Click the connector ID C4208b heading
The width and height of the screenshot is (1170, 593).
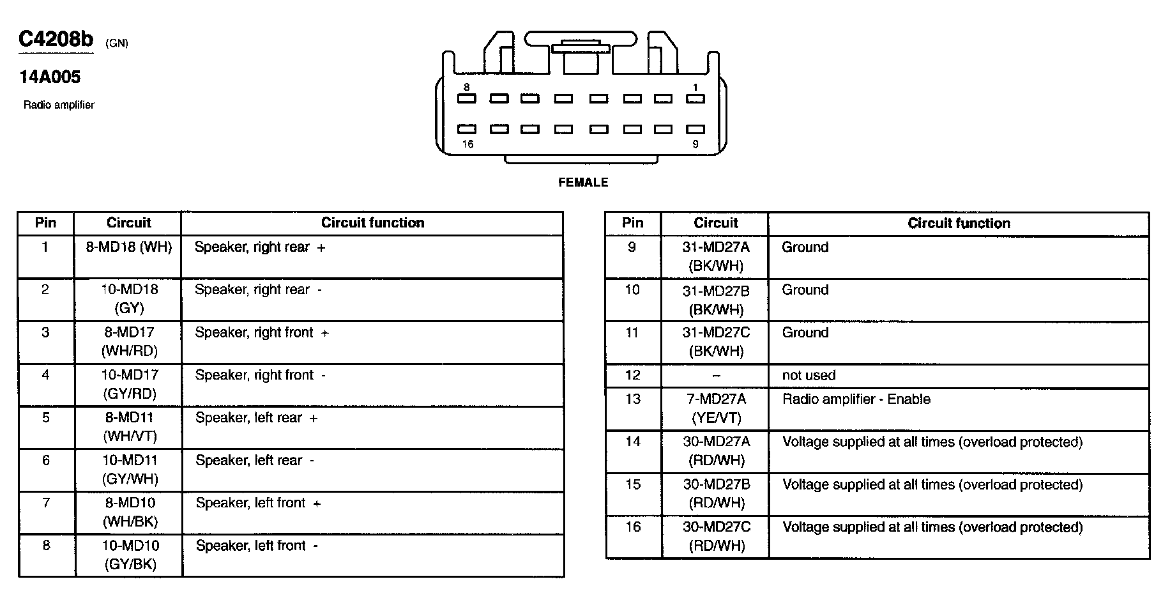pyautogui.click(x=56, y=40)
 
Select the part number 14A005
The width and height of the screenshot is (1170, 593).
pyautogui.click(x=50, y=77)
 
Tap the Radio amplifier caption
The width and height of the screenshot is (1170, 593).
pyautogui.click(x=59, y=105)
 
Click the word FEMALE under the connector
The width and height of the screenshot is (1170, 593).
pyautogui.click(x=583, y=182)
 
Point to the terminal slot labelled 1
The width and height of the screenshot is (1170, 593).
pyautogui.click(x=695, y=98)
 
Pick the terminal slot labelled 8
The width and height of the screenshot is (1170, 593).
pyautogui.click(x=467, y=98)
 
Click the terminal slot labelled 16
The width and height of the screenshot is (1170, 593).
pyautogui.click(x=467, y=129)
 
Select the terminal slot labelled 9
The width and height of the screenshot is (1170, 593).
pyautogui.click(x=695, y=129)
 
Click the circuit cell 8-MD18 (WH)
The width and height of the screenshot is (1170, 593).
pyautogui.click(x=129, y=247)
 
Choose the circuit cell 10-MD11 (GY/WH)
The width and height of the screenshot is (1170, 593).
pyautogui.click(x=130, y=470)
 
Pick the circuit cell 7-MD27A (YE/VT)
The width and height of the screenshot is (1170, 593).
pyautogui.click(x=715, y=408)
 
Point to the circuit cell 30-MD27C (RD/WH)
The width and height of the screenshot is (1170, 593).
pyautogui.click(x=717, y=537)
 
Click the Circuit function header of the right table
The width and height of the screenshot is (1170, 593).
pyautogui.click(x=959, y=224)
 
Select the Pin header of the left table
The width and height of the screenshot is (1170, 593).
pyautogui.click(x=45, y=223)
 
